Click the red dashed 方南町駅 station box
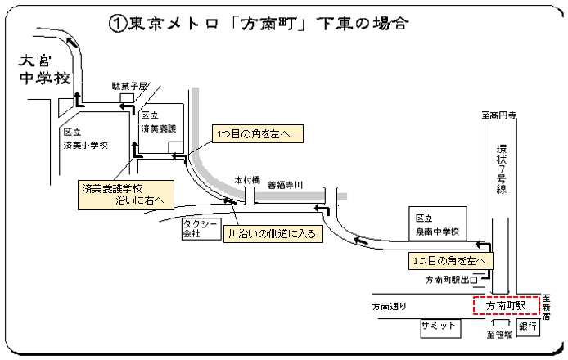click(x=507, y=305)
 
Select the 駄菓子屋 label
click(x=128, y=86)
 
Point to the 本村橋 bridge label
click(x=246, y=179)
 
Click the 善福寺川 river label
click(x=286, y=185)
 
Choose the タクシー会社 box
click(x=198, y=228)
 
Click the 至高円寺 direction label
click(x=498, y=117)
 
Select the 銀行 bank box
click(x=528, y=326)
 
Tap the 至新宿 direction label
click(x=548, y=306)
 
